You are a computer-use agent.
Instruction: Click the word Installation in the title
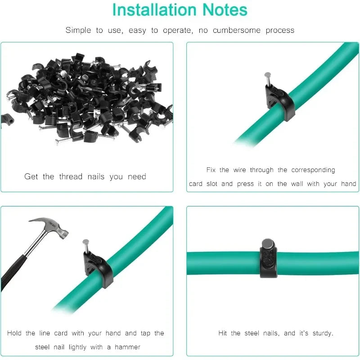point(148,10)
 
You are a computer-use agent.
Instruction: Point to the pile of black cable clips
point(90,99)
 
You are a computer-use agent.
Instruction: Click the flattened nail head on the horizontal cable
point(268,243)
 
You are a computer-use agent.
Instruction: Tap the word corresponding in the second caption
point(313,170)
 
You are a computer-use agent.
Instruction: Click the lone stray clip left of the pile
point(6,119)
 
